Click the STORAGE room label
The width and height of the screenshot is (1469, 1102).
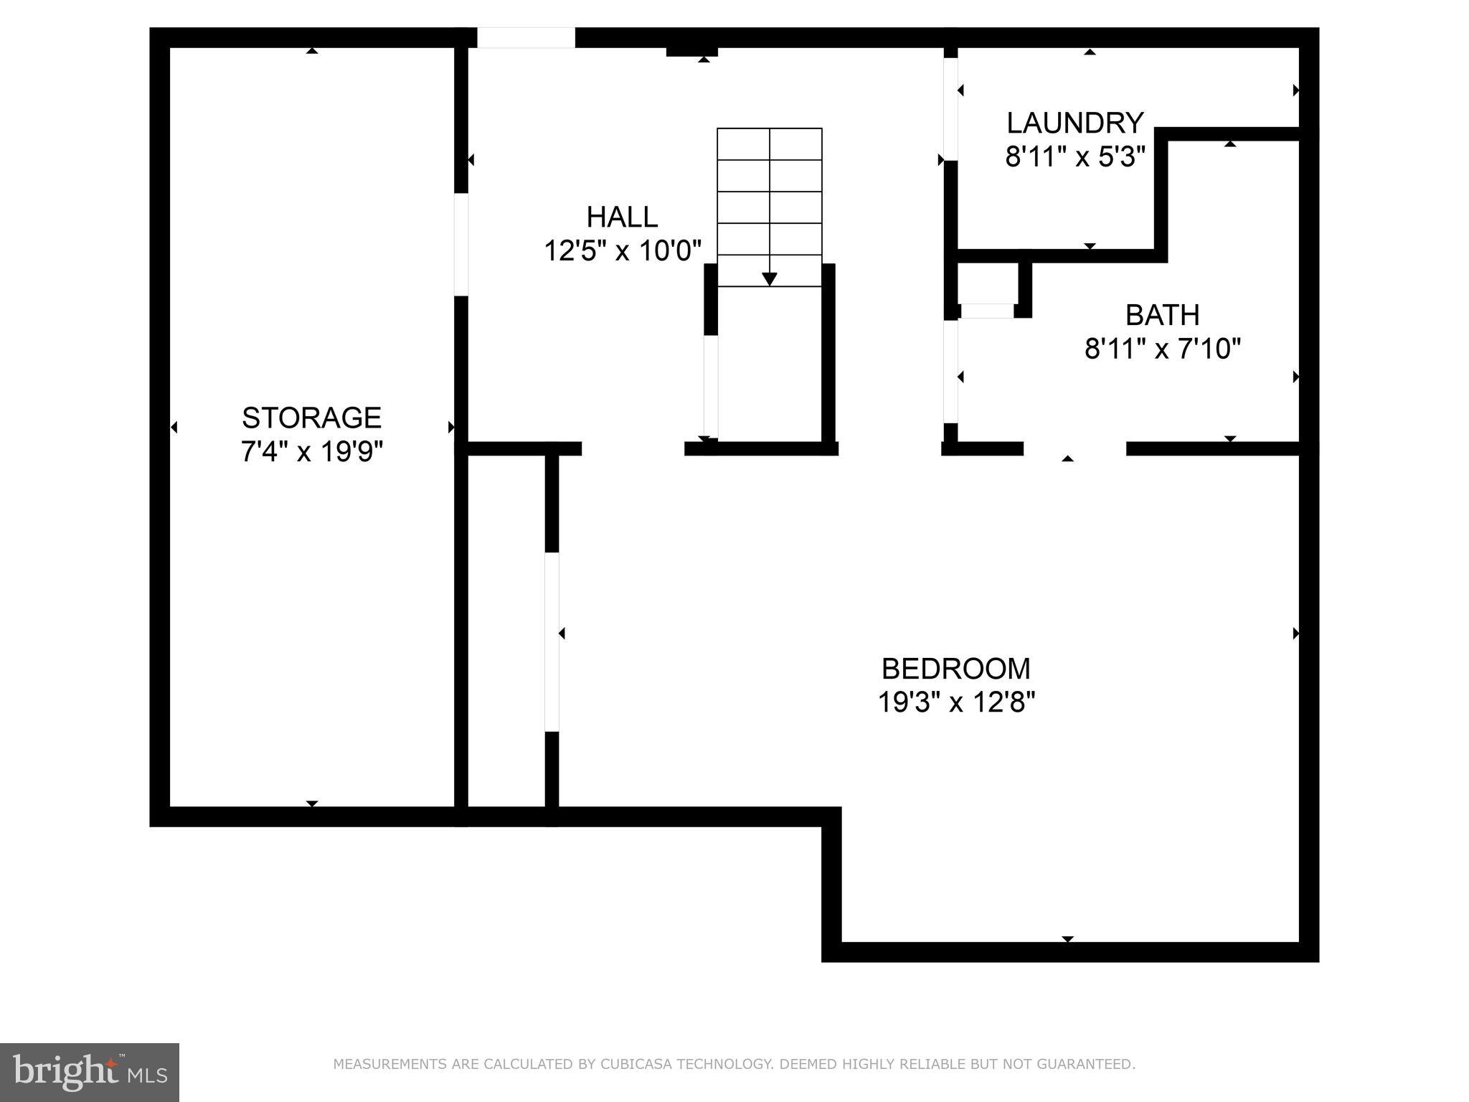(x=311, y=418)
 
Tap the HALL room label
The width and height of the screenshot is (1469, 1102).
(x=622, y=217)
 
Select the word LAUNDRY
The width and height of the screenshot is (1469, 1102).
(x=1074, y=123)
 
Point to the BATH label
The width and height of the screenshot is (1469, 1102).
(x=1162, y=315)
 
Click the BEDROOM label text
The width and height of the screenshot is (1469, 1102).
(x=955, y=669)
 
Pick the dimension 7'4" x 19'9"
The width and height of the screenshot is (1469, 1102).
(x=311, y=452)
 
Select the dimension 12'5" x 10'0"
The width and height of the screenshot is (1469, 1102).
(x=622, y=251)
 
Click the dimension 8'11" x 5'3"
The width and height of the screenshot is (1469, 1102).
(x=1074, y=156)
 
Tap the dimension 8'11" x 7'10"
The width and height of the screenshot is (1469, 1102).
(x=1162, y=349)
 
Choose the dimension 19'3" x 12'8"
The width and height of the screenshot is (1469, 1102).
(x=955, y=702)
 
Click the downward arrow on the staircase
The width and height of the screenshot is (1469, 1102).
(x=769, y=278)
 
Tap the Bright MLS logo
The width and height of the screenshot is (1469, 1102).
(x=89, y=1072)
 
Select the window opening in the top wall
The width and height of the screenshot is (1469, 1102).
(x=526, y=37)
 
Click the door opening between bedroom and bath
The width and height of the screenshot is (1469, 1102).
(x=1074, y=449)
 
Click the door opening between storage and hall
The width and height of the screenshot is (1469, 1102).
(x=461, y=244)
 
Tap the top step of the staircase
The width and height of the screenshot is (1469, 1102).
(x=769, y=143)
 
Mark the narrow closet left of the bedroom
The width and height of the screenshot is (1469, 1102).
(x=506, y=631)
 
